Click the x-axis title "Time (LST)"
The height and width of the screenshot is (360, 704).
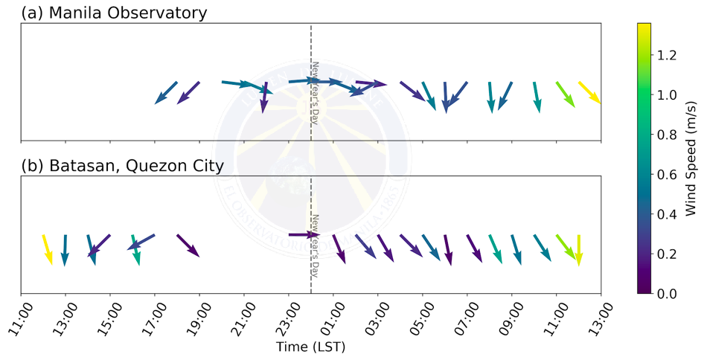310,347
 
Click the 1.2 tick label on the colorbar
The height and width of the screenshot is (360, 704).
666,55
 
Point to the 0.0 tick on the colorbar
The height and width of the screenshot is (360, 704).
666,294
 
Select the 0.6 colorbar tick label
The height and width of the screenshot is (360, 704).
666,174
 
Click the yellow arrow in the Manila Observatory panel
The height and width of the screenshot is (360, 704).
589,92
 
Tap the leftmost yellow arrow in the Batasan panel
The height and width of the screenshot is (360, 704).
48,248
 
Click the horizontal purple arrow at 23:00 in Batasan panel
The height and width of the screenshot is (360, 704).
303,235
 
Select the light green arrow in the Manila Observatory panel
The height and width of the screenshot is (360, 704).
566,94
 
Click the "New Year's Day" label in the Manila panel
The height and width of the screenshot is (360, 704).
315,92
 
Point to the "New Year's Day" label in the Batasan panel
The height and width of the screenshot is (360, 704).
315,245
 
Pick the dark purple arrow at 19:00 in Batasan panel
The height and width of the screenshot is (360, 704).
188,246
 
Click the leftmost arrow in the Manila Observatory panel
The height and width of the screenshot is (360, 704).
165,93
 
